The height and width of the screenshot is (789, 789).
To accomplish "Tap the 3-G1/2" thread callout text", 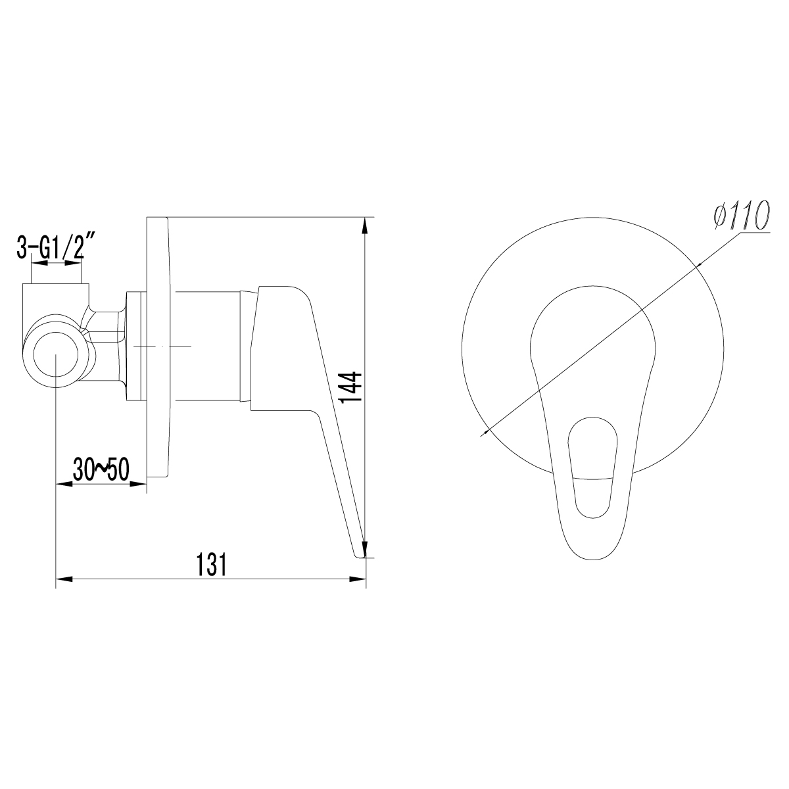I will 57,248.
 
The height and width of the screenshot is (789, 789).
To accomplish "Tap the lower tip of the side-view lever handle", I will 359,555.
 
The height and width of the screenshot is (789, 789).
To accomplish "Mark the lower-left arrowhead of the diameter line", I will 487,431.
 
